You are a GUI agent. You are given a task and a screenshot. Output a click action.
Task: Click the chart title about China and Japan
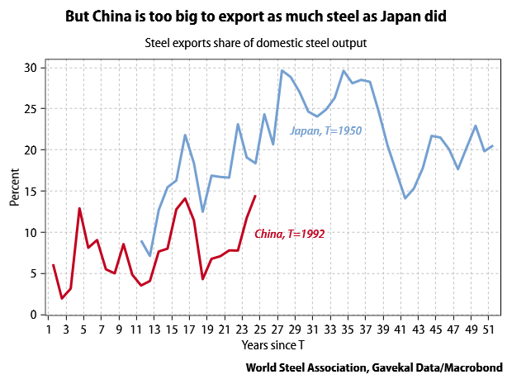(256, 16)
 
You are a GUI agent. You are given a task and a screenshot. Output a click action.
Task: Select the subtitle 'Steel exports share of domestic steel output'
(256, 41)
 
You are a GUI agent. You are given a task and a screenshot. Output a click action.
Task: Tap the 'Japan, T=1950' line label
(325, 130)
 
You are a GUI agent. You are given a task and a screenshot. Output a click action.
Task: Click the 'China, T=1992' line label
(289, 234)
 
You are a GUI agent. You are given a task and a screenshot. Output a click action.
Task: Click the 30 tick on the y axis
(32, 68)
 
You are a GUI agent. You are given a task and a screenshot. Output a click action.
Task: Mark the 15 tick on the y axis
(32, 192)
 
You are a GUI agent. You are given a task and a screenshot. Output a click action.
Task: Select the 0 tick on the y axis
(36, 315)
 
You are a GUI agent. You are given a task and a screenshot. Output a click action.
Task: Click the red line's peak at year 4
(80, 208)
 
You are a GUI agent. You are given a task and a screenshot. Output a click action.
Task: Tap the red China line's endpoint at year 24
(255, 196)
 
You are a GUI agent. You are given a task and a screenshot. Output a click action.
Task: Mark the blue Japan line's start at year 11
(141, 241)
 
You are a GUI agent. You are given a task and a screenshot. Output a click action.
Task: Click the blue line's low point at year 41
(405, 198)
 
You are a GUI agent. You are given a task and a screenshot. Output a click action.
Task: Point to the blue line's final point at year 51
(493, 146)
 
